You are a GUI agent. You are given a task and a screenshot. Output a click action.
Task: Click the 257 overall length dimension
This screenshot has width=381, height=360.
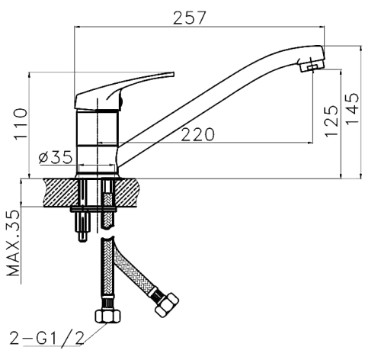coord(189,18)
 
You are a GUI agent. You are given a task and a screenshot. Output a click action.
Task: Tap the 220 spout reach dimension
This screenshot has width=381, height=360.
coord(197,134)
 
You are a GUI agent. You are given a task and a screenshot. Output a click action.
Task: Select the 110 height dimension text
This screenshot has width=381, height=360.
coord(21,124)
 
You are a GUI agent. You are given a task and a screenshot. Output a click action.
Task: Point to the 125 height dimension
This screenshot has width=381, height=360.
coord(331,121)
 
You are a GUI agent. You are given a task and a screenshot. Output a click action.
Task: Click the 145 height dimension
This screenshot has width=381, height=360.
coord(353,109)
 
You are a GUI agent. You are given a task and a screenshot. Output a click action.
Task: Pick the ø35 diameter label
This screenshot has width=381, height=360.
coord(56,157)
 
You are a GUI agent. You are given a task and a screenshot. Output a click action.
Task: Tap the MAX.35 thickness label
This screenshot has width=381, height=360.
coord(13,243)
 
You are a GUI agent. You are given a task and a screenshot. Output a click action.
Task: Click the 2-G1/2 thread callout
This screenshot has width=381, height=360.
coord(47,338)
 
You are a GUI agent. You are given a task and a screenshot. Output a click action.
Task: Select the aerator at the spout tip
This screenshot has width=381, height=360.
coord(312,66)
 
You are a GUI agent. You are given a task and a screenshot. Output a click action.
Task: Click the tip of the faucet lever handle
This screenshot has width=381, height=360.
coord(174,74)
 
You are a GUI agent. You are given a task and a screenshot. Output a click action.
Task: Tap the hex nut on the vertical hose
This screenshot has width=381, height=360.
coord(107,317)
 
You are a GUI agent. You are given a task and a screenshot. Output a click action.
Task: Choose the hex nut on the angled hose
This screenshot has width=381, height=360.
coord(166,305)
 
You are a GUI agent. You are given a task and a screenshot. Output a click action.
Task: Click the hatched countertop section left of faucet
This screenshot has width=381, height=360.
coord(61,192)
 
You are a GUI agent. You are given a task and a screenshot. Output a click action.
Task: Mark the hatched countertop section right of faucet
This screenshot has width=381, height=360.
coord(126,192)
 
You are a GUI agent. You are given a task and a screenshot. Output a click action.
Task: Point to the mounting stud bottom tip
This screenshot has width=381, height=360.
coord(82,241)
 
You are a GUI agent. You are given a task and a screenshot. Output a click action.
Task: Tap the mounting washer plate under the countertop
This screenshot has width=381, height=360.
coord(94,210)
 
